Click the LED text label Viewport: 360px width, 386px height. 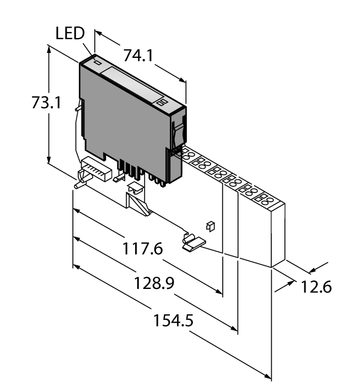(x=69, y=34)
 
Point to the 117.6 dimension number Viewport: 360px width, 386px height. (x=142, y=250)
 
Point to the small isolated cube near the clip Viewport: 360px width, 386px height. (x=209, y=225)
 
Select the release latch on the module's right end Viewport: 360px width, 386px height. (x=178, y=132)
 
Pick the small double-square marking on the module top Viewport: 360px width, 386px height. (x=162, y=103)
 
